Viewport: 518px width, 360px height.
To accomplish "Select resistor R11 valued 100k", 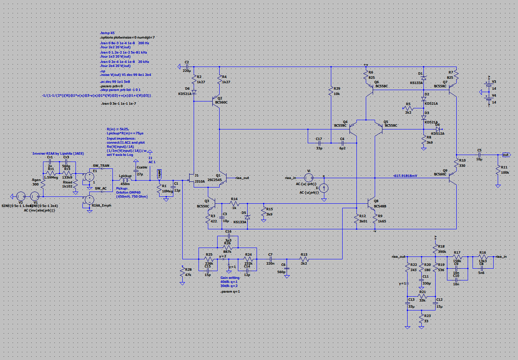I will [x=498, y=170].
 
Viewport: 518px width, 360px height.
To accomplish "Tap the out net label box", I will [x=505, y=155].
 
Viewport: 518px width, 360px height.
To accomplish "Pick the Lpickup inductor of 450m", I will [x=125, y=180].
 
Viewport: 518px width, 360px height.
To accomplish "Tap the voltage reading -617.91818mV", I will [x=406, y=175].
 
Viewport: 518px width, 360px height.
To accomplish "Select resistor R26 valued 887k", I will [x=228, y=247].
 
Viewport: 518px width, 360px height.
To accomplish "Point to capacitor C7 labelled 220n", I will [x=270, y=259].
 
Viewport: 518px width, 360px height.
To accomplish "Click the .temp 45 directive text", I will [x=108, y=32].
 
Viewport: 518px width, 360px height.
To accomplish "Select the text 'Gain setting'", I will [x=230, y=278].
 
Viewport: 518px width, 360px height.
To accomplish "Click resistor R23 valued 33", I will [x=421, y=319].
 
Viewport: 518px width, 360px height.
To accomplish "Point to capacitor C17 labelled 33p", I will [x=319, y=143].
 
